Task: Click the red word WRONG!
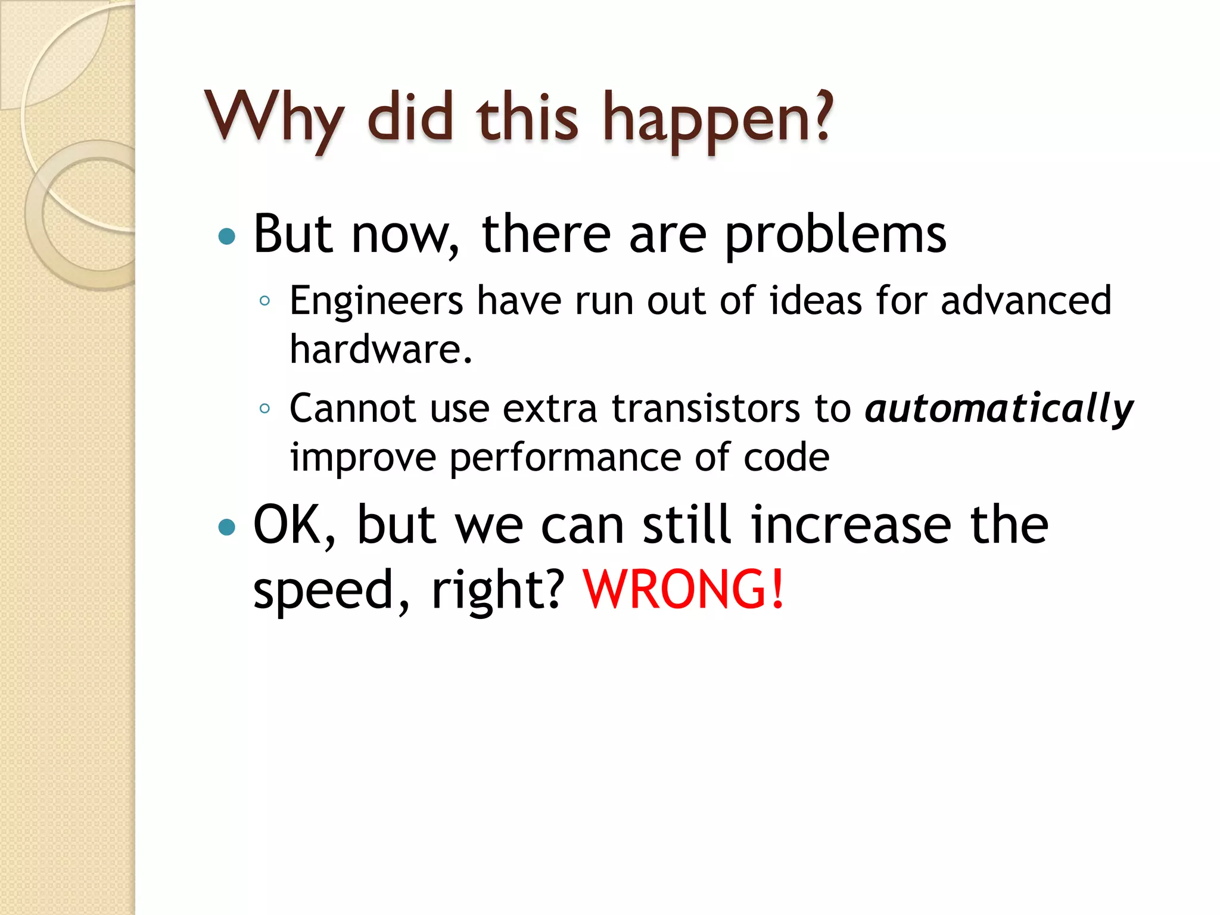pyautogui.click(x=683, y=589)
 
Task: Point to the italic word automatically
pyautogui.click(x=999, y=410)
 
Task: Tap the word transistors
pyautogui.click(x=706, y=409)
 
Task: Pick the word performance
pyautogui.click(x=565, y=459)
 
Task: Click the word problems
pyautogui.click(x=835, y=235)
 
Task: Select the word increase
pyautogui.click(x=851, y=525)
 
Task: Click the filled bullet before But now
pyautogui.click(x=227, y=237)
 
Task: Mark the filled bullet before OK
pyautogui.click(x=227, y=527)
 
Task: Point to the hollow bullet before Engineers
pyautogui.click(x=265, y=301)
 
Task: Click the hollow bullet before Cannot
pyautogui.click(x=265, y=409)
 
